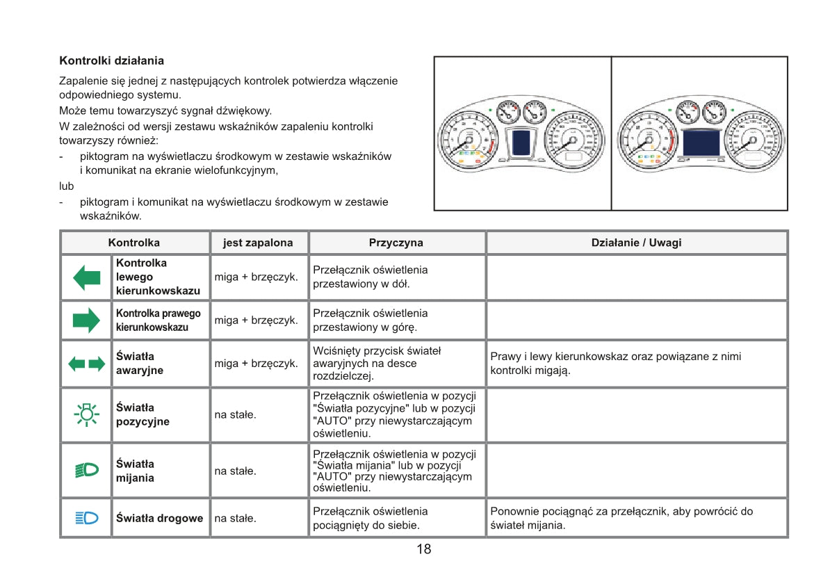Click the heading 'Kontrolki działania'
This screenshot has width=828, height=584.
tap(111, 61)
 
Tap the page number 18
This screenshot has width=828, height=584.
tap(423, 549)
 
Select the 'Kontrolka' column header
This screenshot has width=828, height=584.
tap(134, 243)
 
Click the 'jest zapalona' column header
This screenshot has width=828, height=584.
tap(258, 243)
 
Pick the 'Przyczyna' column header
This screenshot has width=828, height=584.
tap(396, 243)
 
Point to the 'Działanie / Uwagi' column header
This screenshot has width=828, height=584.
tap(635, 243)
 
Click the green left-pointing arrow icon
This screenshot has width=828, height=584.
tap(86, 277)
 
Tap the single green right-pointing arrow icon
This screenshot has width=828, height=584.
tap(86, 321)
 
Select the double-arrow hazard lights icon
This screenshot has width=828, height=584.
tap(86, 364)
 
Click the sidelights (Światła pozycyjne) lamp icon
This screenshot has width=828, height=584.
tap(86, 414)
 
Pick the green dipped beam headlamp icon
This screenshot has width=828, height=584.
tap(86, 471)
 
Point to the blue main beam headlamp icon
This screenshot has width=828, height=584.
tap(86, 518)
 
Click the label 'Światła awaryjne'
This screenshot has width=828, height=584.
tap(140, 364)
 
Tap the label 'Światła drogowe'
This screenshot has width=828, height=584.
tap(159, 518)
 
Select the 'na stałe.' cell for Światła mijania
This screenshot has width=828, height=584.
tap(236, 471)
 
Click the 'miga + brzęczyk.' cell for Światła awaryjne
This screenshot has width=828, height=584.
tap(256, 364)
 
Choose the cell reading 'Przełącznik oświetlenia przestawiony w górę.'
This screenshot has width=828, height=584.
tap(371, 321)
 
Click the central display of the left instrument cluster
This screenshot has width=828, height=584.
tap(521, 143)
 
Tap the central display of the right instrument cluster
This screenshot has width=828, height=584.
tap(701, 143)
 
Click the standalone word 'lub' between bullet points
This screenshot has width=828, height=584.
tap(67, 186)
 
